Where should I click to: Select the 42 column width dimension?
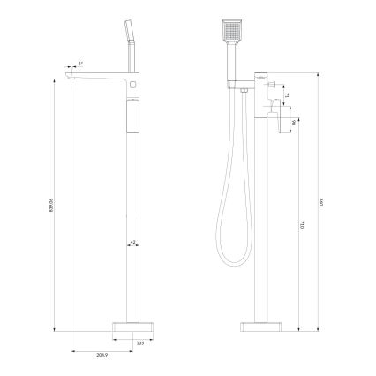pyautogui.click(x=132, y=240)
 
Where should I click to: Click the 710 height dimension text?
pyautogui.click(x=302, y=226)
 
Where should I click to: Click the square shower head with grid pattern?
pyautogui.click(x=230, y=34)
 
